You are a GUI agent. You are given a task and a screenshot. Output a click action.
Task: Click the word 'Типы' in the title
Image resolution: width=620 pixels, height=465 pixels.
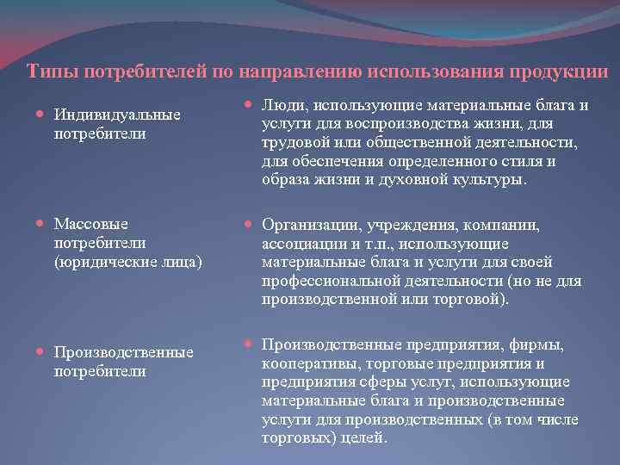(46, 71)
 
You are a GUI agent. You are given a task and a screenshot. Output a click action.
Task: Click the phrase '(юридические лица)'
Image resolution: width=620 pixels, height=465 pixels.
(127, 260)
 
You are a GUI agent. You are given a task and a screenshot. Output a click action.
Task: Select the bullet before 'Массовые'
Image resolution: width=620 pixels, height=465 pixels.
(43, 224)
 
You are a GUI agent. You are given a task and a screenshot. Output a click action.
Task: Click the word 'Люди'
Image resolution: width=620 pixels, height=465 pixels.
(284, 106)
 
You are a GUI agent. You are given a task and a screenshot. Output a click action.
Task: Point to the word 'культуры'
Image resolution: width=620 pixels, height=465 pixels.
(493, 180)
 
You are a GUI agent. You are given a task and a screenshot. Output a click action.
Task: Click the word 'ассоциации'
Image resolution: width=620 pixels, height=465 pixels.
(303, 244)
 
